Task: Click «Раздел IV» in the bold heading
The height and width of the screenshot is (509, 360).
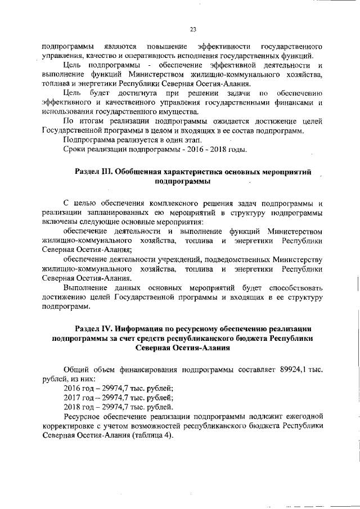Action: click(x=93, y=328)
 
